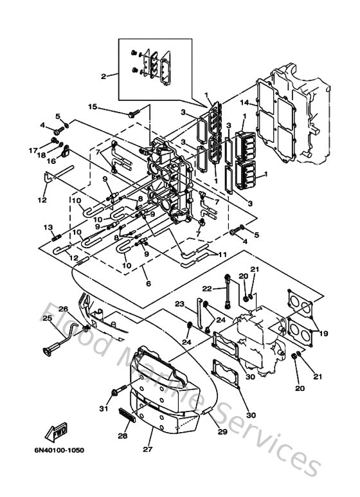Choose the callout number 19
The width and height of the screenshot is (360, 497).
click(x=323, y=333)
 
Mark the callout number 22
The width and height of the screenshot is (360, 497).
click(x=207, y=288)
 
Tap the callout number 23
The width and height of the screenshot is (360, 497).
click(x=179, y=303)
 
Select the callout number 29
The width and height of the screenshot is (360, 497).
click(x=222, y=431)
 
